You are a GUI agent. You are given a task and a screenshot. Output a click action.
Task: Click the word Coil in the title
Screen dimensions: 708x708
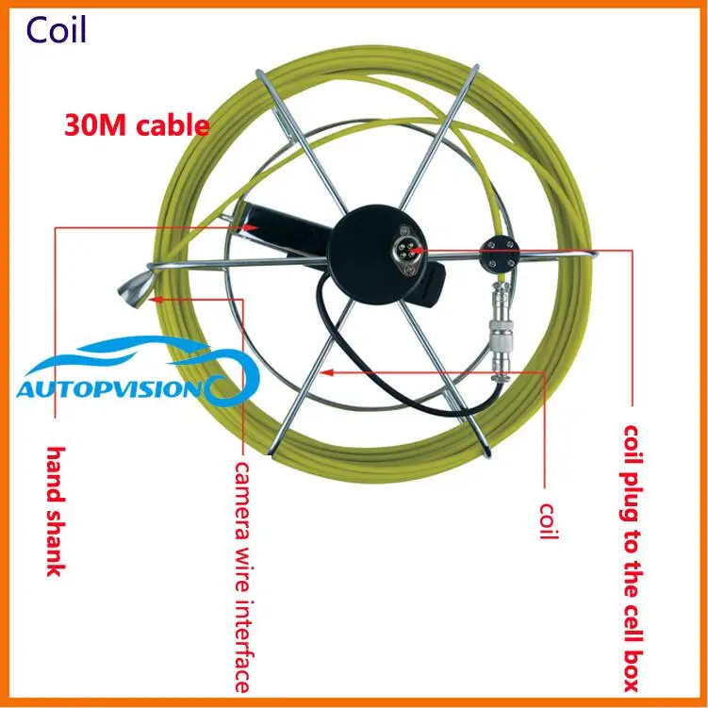coord(56,30)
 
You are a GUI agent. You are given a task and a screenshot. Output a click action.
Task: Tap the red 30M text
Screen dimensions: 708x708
coord(95,125)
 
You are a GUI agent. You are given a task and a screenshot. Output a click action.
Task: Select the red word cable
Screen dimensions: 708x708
coord(173,124)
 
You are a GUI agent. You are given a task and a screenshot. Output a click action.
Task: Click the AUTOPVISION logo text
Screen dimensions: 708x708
coord(108,389)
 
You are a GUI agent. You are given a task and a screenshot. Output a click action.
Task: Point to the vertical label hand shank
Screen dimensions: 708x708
coord(57,512)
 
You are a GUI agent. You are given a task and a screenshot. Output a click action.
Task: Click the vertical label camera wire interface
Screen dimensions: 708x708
coord(242,577)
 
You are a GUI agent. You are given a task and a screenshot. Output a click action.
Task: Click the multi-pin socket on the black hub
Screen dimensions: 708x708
coord(406,250)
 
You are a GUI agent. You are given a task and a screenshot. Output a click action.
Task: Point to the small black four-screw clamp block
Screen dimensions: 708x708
coord(500,254)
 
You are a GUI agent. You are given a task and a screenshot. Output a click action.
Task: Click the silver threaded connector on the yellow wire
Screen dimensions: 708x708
coord(501,331)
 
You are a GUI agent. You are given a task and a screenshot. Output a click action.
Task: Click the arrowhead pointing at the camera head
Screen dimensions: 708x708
coord(157,299)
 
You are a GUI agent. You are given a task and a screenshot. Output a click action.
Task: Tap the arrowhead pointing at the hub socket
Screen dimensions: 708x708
coord(417,250)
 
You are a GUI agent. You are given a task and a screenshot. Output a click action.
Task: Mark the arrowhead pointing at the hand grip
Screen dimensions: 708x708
coord(251,227)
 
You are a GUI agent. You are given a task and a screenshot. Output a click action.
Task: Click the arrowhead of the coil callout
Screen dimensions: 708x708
coord(326,372)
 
